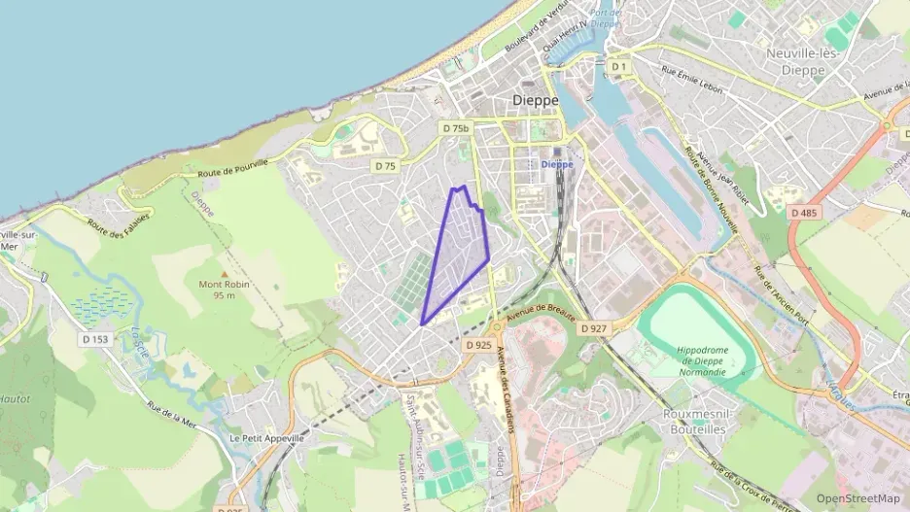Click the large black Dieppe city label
coord(536,100)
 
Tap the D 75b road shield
coord(455,128)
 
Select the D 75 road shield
coord(385,166)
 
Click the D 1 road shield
coord(619,67)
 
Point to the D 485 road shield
coord(804,212)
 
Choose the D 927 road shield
coord(593,329)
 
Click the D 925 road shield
coord(478,345)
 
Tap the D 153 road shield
coord(95,339)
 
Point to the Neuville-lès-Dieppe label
coord(802,61)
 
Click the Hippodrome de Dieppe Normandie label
coord(702,360)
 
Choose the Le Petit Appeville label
coord(266,438)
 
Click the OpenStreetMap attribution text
coord(858,498)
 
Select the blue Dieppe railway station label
coord(556,164)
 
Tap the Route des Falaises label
coord(109,228)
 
